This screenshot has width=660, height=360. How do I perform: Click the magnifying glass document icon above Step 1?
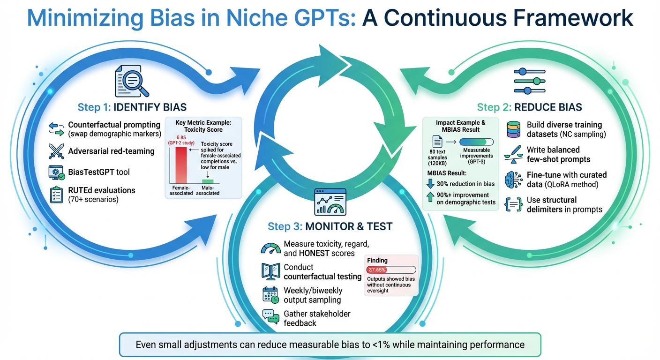click(132, 82)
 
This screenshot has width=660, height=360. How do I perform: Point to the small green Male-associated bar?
click(207, 181)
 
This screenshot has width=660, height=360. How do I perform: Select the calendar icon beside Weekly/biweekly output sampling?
click(270, 295)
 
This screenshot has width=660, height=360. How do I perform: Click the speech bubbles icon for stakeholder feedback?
click(270, 318)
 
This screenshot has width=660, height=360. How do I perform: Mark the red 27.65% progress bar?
click(377, 270)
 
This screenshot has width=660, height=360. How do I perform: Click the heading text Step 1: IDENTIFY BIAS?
click(132, 107)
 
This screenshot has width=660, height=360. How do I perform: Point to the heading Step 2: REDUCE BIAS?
click(529, 107)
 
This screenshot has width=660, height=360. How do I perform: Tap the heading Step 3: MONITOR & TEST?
click(330, 226)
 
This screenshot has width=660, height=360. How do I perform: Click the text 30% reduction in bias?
click(462, 184)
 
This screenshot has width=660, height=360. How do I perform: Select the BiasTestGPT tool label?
click(99, 172)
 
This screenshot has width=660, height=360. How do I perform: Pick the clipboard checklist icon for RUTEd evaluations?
click(57, 195)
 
